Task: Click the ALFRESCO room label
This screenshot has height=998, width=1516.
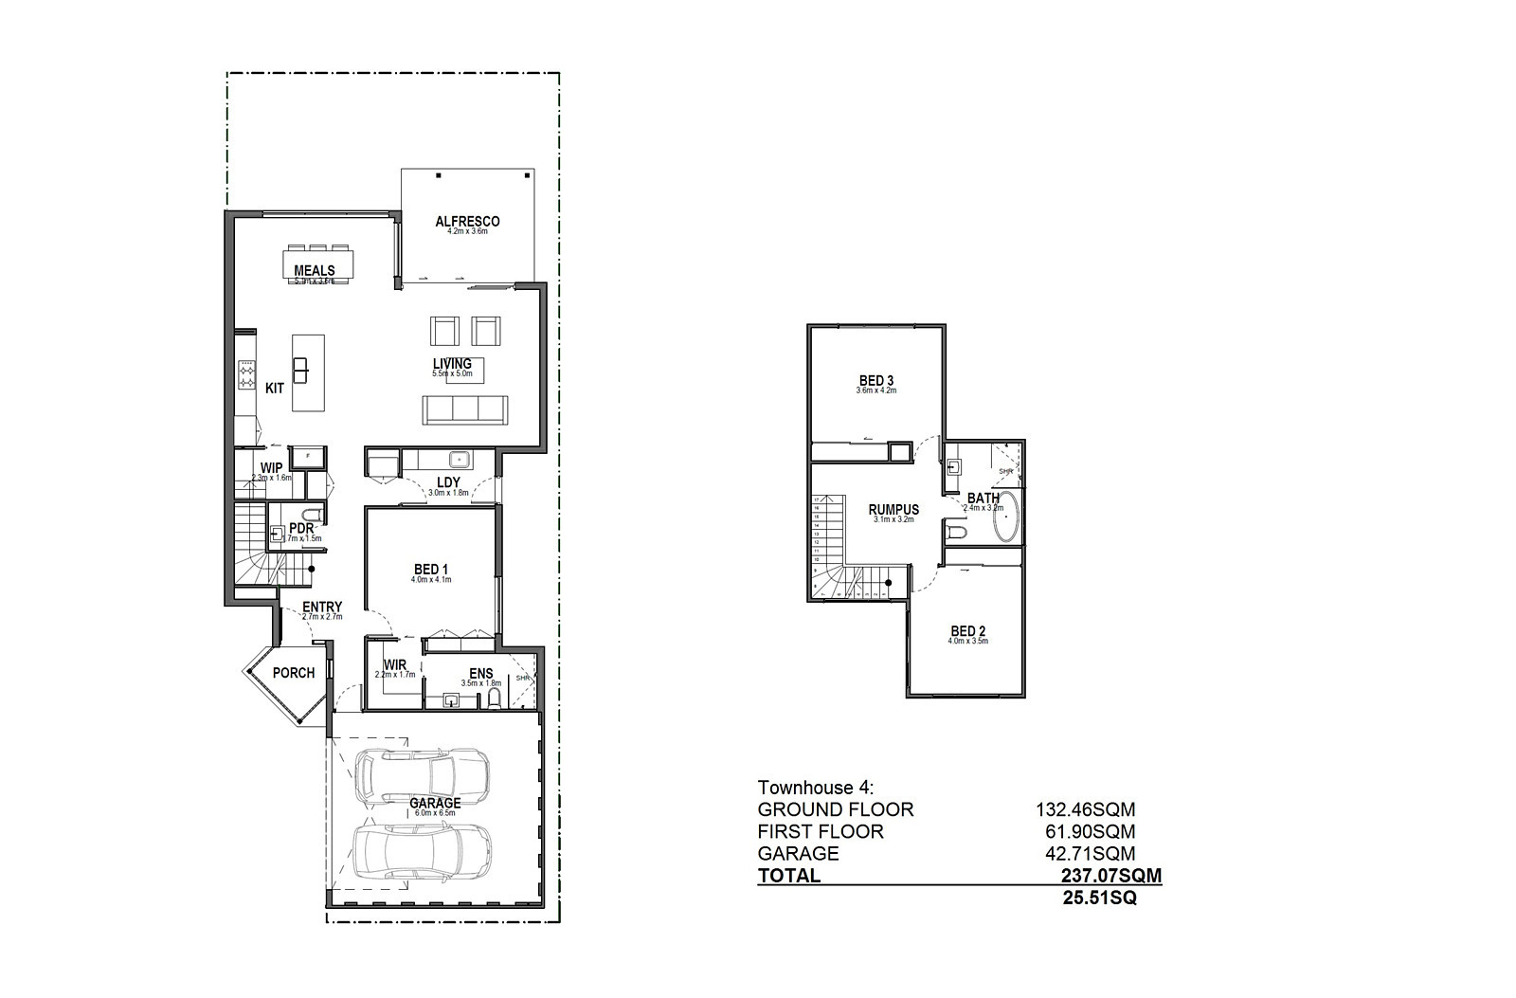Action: tap(467, 222)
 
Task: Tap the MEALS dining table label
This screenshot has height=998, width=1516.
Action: tap(314, 270)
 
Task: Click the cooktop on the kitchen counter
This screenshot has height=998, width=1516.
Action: tap(246, 374)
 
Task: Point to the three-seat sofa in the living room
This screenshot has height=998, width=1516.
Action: tap(464, 408)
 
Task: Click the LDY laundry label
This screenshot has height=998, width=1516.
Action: tap(448, 482)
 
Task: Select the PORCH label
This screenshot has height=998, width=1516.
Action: tap(294, 673)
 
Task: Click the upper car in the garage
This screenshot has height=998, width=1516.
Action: tap(422, 774)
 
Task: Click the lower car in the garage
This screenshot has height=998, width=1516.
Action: tap(422, 852)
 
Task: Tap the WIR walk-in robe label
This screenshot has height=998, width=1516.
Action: tap(395, 664)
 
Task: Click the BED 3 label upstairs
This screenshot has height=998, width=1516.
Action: tap(875, 380)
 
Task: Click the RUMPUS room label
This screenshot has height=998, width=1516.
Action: tap(893, 510)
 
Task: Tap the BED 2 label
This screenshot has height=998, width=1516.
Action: tap(968, 631)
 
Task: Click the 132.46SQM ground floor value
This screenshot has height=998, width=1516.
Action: tap(1084, 809)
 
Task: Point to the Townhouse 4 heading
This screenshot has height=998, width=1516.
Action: tap(816, 788)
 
